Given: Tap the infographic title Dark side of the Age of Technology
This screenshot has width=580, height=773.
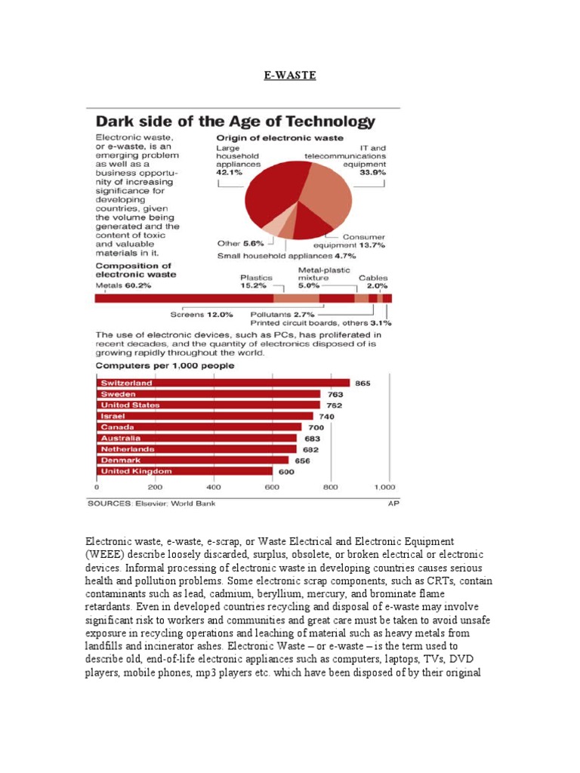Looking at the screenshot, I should pyautogui.click(x=235, y=121).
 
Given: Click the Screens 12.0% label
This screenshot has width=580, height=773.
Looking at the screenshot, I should pyautogui.click(x=202, y=313).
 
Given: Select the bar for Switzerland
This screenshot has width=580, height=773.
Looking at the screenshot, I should pyautogui.click(x=224, y=383).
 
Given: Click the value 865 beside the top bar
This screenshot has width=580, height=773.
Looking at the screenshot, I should pyautogui.click(x=363, y=383).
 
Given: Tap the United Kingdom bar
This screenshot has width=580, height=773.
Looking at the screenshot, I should pyautogui.click(x=185, y=471).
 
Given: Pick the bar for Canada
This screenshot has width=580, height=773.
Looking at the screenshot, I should pyautogui.click(x=199, y=427).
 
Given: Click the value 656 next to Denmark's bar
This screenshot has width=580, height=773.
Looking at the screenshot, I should pyautogui.click(x=302, y=460).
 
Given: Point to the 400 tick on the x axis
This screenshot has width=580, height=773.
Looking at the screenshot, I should pyautogui.click(x=214, y=487).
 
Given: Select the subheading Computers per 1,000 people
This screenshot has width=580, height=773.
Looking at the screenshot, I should pyautogui.click(x=164, y=365).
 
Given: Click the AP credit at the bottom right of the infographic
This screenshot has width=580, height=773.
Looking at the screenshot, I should pyautogui.click(x=393, y=503).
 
